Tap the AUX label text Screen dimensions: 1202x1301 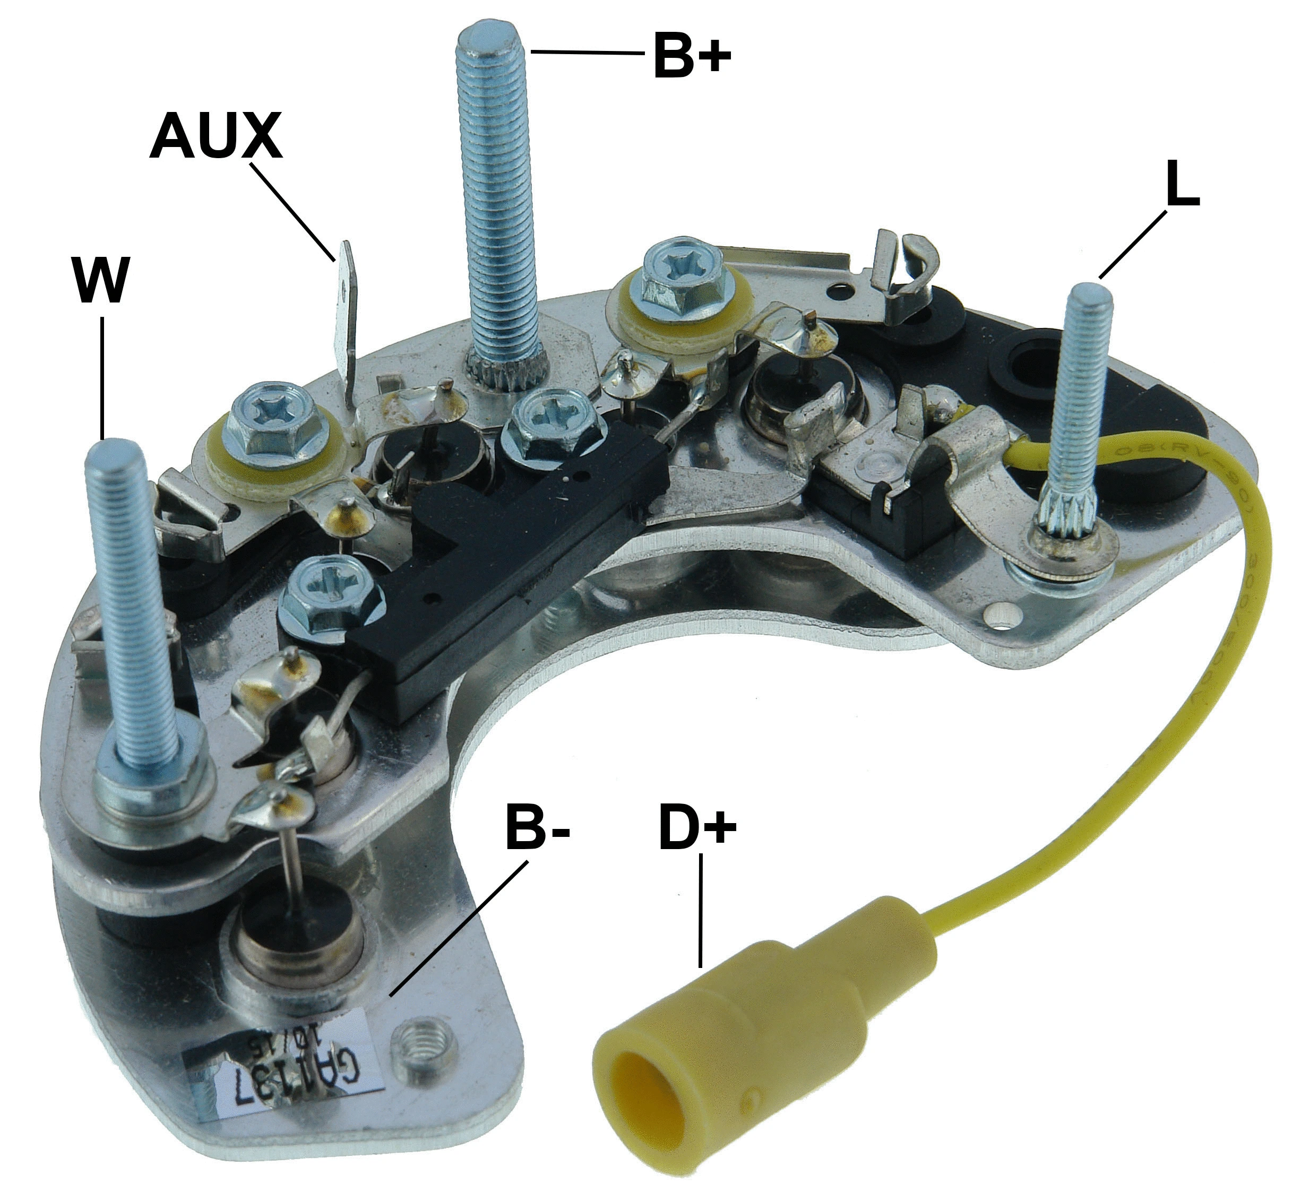click(x=216, y=137)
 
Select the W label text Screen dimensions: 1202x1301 click(x=100, y=280)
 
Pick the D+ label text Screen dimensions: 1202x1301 click(x=697, y=827)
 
